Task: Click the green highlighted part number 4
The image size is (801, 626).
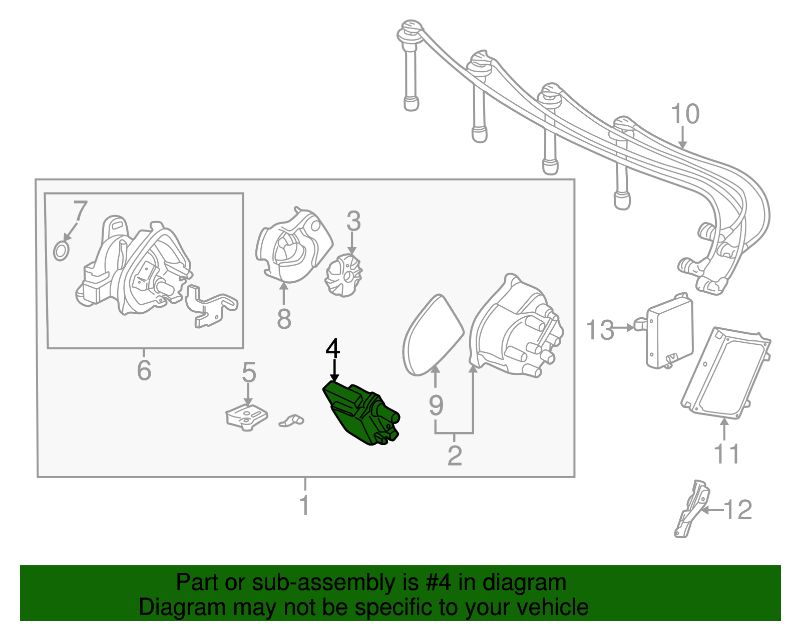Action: [x=360, y=413]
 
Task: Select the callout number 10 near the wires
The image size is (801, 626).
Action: [x=685, y=114]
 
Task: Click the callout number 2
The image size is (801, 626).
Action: [x=454, y=455]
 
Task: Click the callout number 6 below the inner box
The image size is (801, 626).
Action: [x=144, y=370]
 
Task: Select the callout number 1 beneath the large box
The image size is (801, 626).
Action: [x=304, y=505]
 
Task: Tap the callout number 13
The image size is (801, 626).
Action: [x=599, y=330]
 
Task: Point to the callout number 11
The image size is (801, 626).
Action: [x=725, y=454]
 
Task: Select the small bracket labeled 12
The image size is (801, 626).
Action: [x=692, y=509]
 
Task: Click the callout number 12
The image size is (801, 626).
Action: [x=738, y=510]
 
